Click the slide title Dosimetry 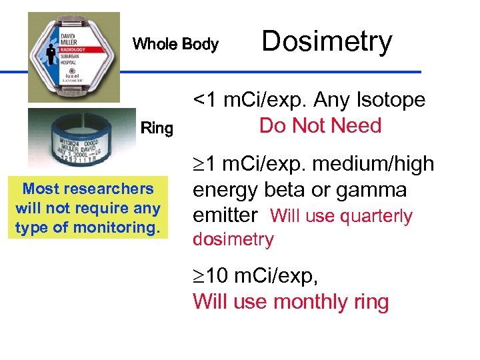click(x=327, y=41)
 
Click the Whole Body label click(x=175, y=45)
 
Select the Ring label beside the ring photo click(x=157, y=128)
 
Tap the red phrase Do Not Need click(x=320, y=125)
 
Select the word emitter click(x=225, y=215)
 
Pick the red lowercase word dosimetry click(x=233, y=239)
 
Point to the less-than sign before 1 click(x=199, y=100)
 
